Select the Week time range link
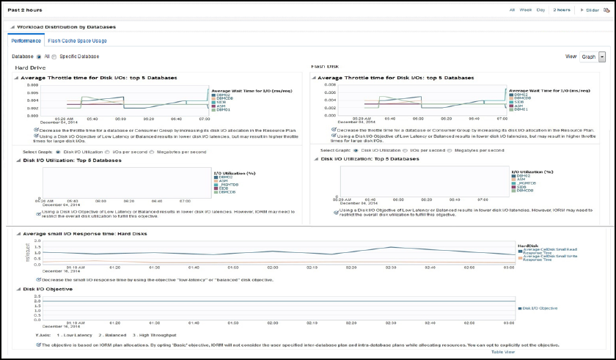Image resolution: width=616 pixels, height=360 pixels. [525, 10]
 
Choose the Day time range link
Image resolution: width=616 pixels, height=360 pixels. [540, 10]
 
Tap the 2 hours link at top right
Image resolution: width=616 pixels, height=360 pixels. [562, 10]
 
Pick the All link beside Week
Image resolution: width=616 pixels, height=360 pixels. [512, 10]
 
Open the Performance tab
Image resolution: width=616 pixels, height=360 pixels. [26, 41]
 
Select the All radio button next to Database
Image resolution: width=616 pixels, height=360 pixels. [39, 56]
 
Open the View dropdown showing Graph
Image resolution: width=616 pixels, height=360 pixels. [593, 56]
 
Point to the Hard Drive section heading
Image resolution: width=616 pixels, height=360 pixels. [31, 67]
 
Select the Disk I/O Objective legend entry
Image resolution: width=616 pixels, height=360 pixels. [541, 308]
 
